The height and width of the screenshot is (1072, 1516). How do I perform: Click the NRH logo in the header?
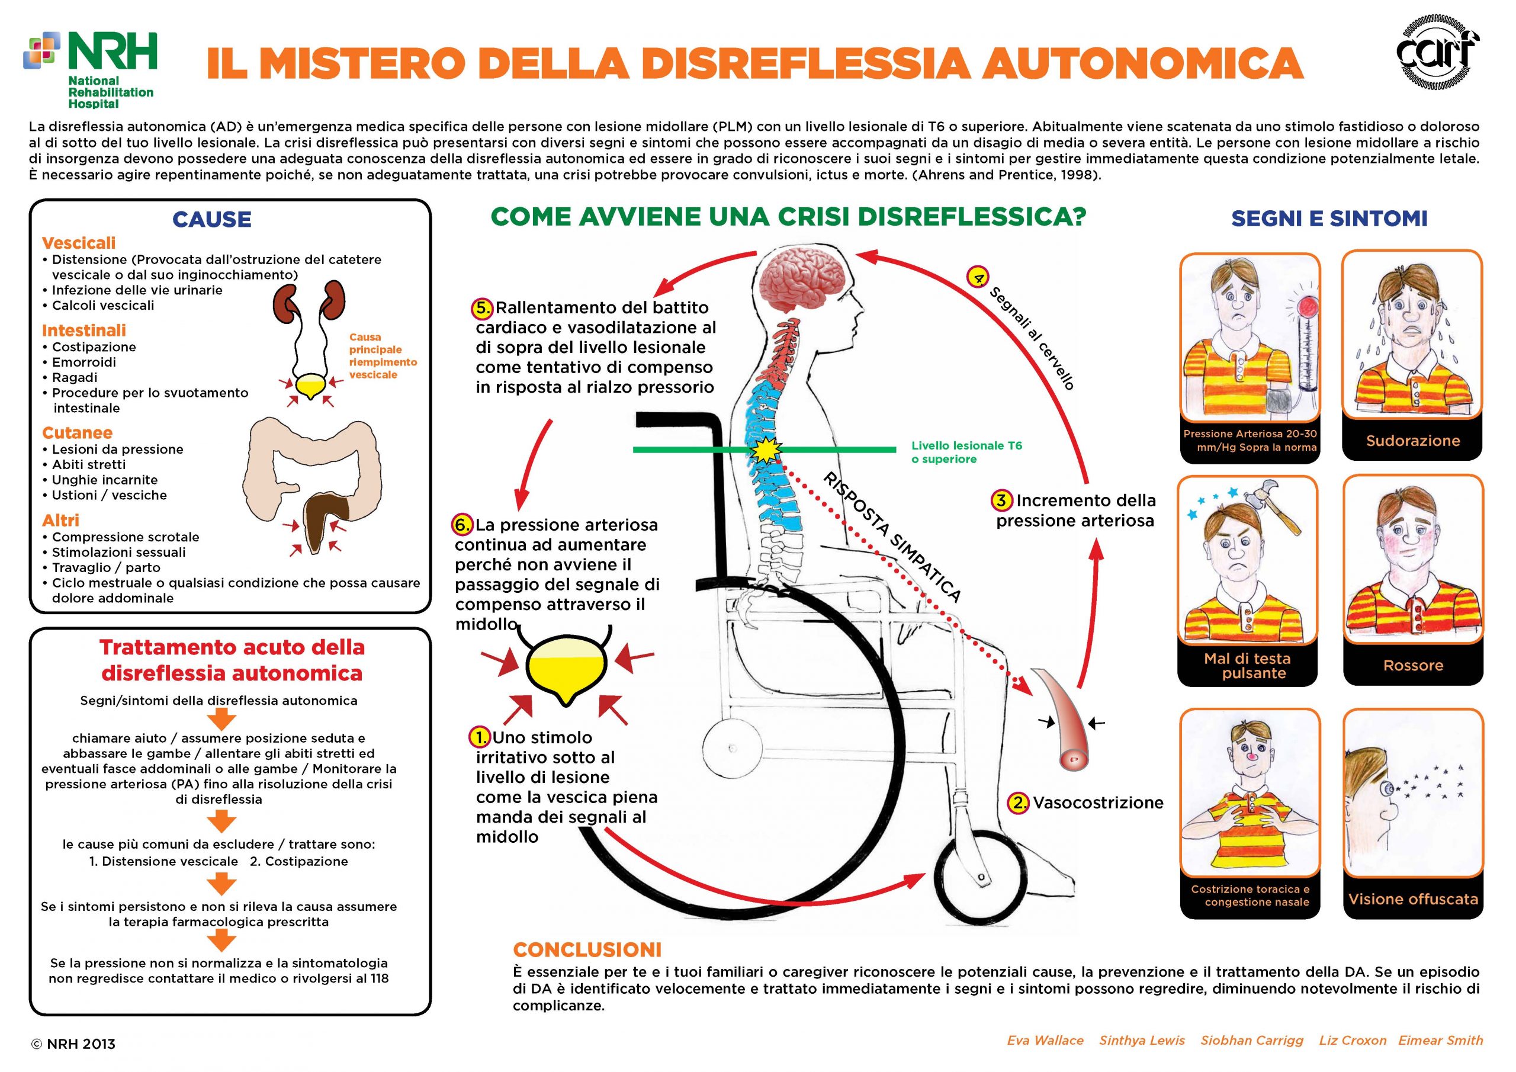[91, 69]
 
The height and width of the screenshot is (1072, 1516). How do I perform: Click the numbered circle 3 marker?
[1001, 500]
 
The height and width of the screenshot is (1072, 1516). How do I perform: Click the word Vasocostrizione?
[1098, 803]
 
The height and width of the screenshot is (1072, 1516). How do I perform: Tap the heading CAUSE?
[211, 219]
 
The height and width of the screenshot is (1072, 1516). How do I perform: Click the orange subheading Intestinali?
[84, 330]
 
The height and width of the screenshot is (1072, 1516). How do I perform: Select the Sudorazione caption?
[1413, 441]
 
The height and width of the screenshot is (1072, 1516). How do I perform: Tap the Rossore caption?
[1413, 665]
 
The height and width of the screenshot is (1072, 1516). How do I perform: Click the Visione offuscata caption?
[1413, 899]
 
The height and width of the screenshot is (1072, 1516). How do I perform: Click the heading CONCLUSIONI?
[587, 950]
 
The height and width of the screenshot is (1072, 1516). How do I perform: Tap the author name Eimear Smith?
[1441, 1040]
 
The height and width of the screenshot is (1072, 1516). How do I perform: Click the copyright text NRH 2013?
[73, 1044]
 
